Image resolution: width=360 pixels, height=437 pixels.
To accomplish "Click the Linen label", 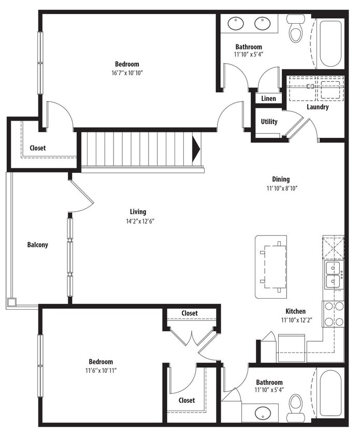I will point(268,98).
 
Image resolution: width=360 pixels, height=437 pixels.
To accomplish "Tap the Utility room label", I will point(269,122).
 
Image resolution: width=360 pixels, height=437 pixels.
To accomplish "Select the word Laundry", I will point(317,107).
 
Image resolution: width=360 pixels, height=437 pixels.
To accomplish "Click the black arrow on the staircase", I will point(196,149).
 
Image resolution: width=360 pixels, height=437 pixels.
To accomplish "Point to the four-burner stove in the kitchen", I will point(334,314).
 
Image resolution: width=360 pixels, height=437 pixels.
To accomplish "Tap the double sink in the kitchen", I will point(333,274).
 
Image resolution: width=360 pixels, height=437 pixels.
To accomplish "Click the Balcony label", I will point(37,245).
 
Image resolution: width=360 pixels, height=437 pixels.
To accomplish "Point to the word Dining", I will point(281,180).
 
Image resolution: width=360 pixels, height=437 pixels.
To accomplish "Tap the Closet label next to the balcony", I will point(37,148).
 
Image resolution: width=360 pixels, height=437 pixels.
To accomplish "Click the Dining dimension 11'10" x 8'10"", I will point(281,188).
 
